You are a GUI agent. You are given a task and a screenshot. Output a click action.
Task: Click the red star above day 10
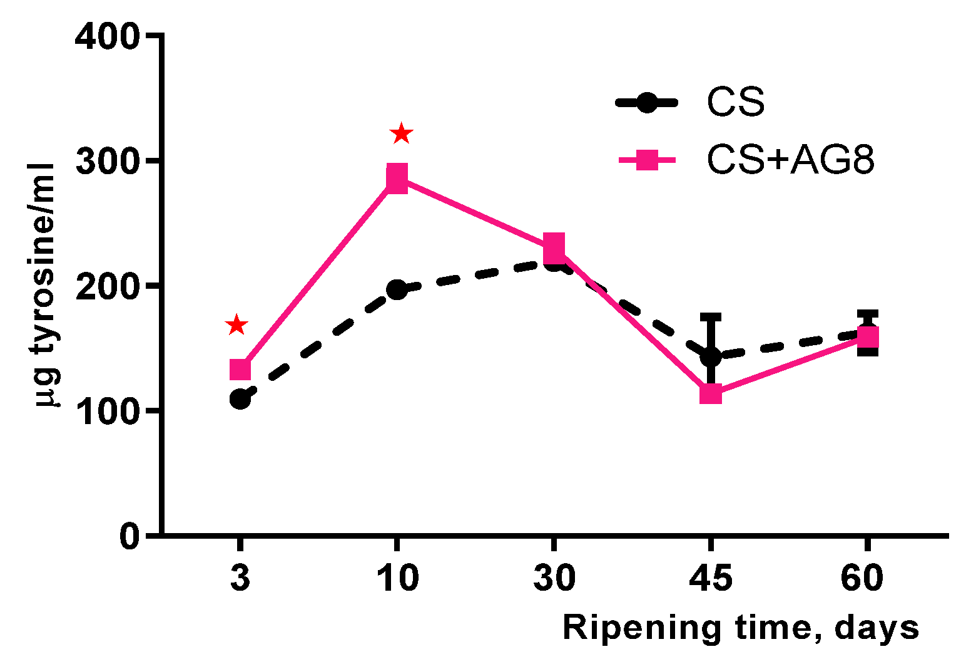pos(401,133)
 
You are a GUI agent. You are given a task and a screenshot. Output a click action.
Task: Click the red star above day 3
pos(236,324)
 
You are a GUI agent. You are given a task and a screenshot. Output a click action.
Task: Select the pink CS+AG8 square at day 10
pos(397,179)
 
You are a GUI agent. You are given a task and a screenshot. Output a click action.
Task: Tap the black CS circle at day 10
pos(397,289)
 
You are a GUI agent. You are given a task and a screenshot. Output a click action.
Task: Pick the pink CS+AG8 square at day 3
pos(240,370)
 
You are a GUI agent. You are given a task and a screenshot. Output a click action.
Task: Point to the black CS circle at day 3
pos(241,399)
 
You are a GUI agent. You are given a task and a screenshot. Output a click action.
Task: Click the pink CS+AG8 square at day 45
pos(711,393)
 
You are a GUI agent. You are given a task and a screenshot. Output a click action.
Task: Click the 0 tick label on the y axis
pos(130,536)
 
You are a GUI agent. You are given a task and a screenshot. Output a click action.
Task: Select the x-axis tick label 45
pos(711,578)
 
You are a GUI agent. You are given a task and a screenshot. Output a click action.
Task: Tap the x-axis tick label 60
pos(862,578)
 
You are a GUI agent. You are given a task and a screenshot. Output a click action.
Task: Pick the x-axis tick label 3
pos(240,578)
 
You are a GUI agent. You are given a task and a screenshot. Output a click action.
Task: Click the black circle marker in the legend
pos(647,103)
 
